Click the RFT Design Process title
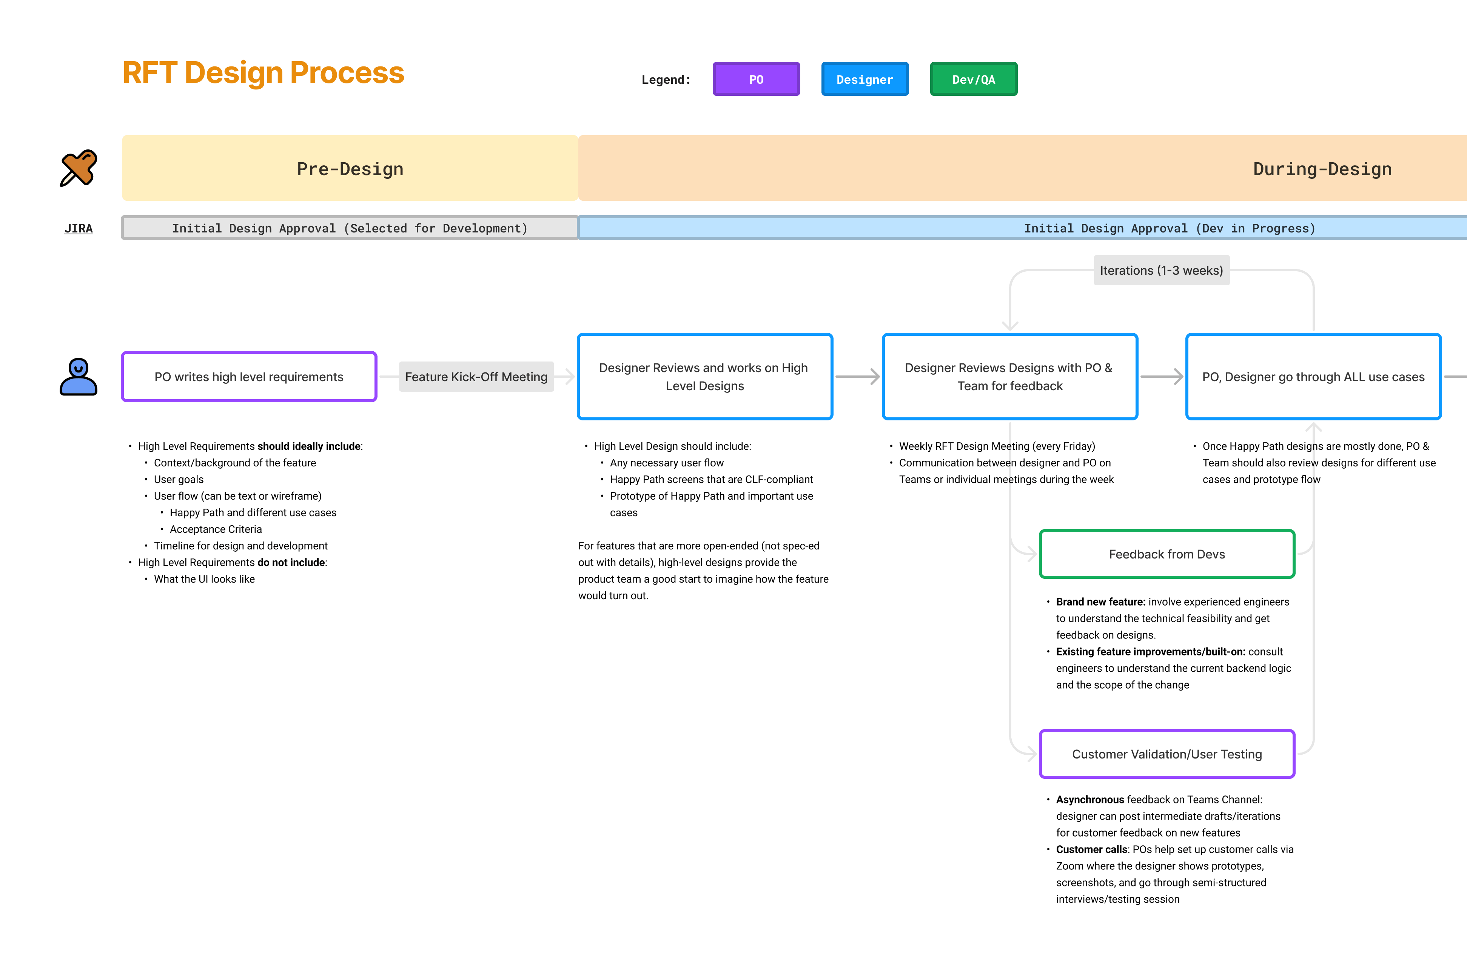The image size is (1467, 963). (263, 73)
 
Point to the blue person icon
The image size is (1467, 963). (78, 377)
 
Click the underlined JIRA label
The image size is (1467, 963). (78, 229)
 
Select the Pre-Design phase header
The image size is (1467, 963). (350, 168)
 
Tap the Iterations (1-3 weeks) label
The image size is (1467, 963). (1161, 271)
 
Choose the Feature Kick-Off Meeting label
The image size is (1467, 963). (476, 377)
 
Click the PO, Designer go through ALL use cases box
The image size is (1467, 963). (1313, 377)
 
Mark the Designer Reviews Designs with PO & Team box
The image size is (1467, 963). (1009, 377)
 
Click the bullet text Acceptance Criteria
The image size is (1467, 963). (216, 529)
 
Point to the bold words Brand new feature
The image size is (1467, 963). (1100, 602)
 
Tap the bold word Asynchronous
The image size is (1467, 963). (1090, 800)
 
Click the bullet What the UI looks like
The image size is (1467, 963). (204, 579)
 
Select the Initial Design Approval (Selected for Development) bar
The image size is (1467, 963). (350, 228)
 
